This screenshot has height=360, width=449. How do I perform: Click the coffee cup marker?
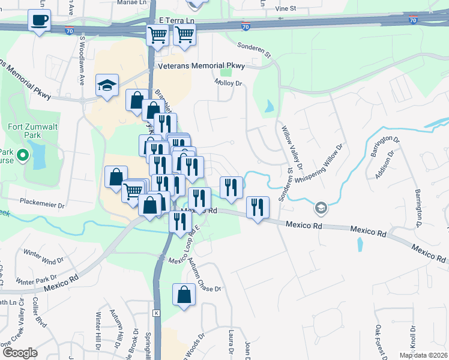tap(40, 20)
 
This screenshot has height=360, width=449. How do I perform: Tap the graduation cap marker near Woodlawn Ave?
tap(107, 86)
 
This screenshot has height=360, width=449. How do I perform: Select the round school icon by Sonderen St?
tap(321, 208)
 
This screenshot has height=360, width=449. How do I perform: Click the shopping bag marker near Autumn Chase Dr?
tap(184, 295)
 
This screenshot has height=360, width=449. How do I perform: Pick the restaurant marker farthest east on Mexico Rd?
tap(258, 208)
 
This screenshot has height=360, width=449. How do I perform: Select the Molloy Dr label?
tap(228, 83)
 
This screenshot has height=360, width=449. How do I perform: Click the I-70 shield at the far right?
tap(413, 20)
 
